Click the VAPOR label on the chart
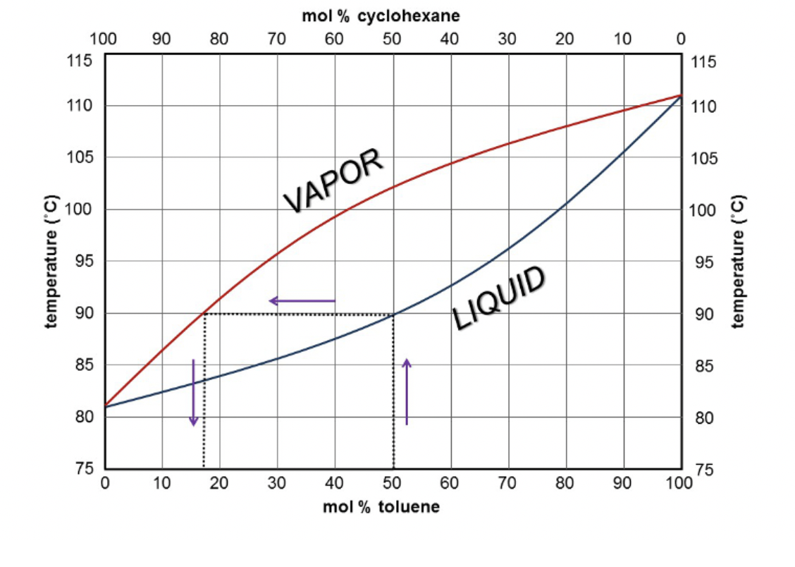coord(334,181)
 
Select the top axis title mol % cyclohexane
coord(381,16)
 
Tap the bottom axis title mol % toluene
coord(381,507)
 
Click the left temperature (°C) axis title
coord(51,262)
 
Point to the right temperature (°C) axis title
coord(738,262)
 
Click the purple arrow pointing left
coord(302,301)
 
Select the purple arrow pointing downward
coord(193,392)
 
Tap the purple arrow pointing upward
coord(407,391)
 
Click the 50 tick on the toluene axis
coord(393,483)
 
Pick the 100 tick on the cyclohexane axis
coord(104,38)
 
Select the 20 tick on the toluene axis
coord(219,483)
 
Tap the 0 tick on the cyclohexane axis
coord(680,38)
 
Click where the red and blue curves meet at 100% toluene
coord(681,94)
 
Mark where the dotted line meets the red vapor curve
coord(204,313)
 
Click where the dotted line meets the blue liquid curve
coord(393,314)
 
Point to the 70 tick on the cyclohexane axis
coord(277,38)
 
